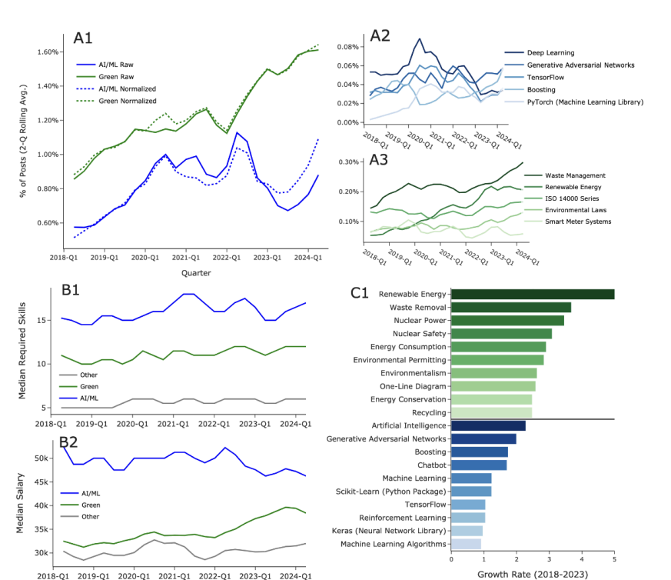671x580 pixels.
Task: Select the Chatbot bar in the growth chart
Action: click(478, 465)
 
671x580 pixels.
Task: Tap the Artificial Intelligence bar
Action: click(488, 425)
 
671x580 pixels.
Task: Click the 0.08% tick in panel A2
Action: click(347, 47)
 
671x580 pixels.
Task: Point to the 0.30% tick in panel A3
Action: click(347, 162)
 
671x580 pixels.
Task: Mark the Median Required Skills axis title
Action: click(23, 350)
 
